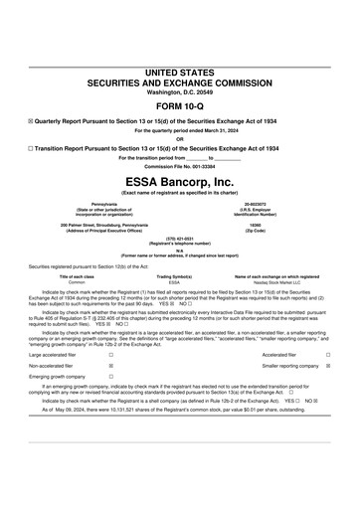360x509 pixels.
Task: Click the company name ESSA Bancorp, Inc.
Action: click(180, 182)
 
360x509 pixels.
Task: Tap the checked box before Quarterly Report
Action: click(32, 120)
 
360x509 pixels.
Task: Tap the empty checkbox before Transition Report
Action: click(32, 146)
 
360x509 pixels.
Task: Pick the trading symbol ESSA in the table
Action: click(174, 282)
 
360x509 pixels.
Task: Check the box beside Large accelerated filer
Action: click(110, 354)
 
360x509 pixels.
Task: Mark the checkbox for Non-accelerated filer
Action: click(110, 366)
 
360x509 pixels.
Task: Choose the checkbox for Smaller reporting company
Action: click(328, 366)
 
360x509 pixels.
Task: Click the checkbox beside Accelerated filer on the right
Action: click(328, 354)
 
